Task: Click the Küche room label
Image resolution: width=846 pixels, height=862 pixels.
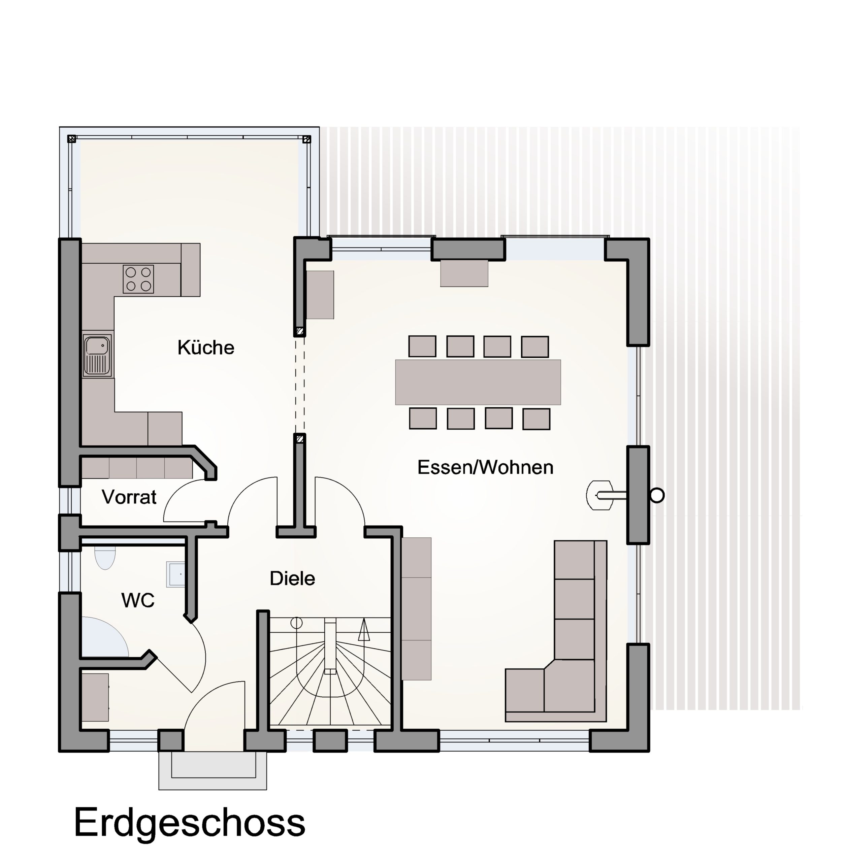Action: (206, 347)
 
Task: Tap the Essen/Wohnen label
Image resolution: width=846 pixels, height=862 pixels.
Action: (485, 467)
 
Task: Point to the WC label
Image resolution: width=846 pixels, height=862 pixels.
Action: (138, 600)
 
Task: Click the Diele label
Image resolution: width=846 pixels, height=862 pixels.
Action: (292, 578)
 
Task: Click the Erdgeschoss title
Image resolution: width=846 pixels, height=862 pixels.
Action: (189, 823)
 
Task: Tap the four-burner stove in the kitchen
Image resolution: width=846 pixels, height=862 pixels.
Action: (138, 279)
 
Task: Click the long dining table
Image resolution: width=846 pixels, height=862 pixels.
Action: (478, 382)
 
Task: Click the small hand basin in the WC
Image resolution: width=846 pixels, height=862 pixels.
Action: (175, 574)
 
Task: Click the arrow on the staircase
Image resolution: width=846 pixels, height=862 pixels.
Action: (364, 630)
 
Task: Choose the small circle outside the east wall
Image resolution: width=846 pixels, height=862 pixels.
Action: (657, 495)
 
